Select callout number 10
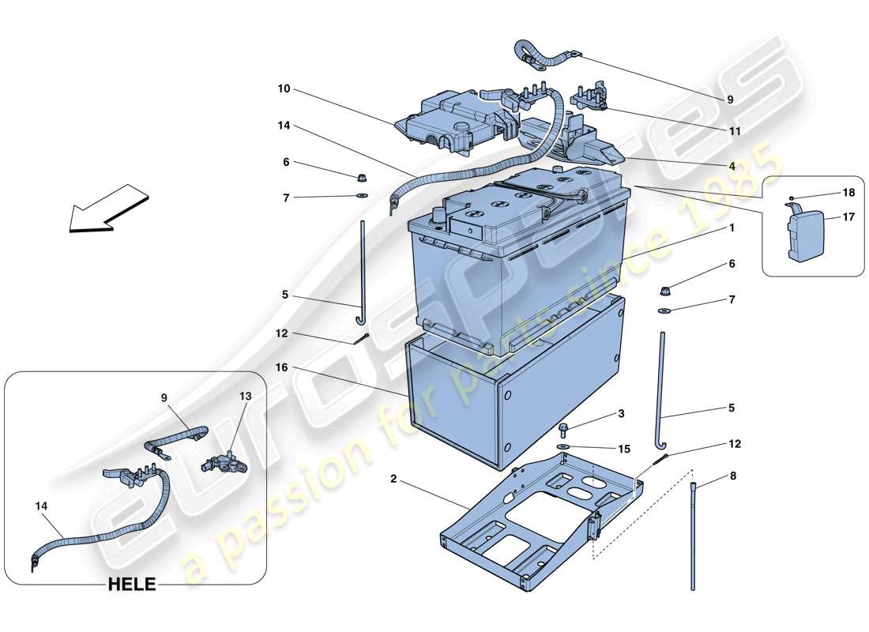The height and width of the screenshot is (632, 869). tap(283, 89)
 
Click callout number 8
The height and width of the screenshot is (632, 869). tap(732, 476)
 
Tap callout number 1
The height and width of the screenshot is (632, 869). tap(732, 228)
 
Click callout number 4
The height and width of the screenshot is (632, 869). tap(732, 167)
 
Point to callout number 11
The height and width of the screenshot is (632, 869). tap(735, 132)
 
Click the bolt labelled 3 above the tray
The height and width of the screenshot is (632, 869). tap(563, 430)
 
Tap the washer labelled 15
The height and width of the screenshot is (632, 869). tap(564, 449)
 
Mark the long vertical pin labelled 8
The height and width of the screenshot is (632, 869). tap(694, 537)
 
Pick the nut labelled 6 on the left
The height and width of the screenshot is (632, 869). tap(361, 175)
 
